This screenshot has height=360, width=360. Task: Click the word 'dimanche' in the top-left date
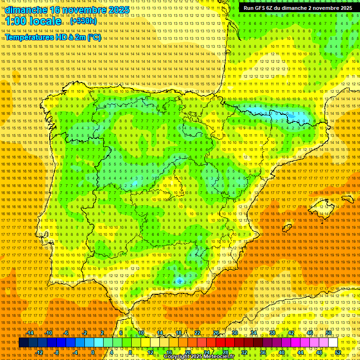tap(26, 10)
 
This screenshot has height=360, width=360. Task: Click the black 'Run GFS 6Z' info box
tap(298, 8)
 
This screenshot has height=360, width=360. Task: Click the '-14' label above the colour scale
tap(30, 333)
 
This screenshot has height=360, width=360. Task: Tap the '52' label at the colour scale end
tap(338, 352)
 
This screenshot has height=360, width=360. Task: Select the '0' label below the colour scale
tap(93, 352)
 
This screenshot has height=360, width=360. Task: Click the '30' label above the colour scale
tap(234, 333)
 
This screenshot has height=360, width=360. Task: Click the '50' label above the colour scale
tap(329, 333)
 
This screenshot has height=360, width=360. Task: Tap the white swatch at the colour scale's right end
tap(333, 343)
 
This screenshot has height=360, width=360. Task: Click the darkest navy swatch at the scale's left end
tap(23, 343)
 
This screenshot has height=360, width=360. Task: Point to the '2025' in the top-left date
tap(118, 10)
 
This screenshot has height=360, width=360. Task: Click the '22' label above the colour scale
tap(197, 333)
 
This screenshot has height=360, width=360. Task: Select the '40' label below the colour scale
tap(281, 352)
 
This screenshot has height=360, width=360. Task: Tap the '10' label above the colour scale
tap(141, 333)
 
